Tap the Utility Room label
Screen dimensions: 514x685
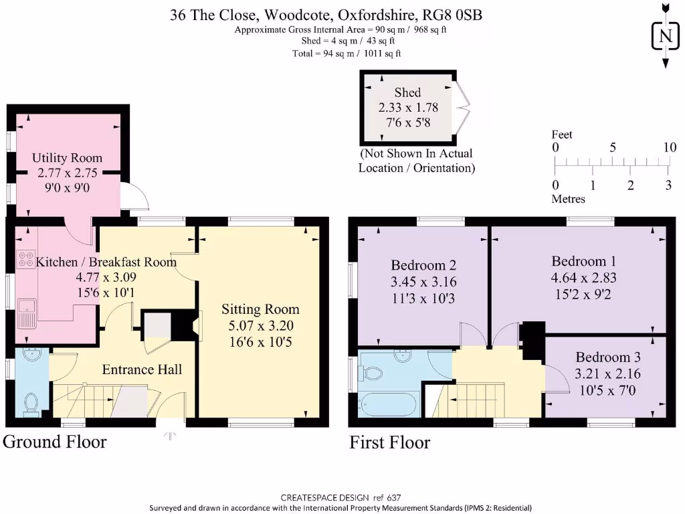click(68, 158)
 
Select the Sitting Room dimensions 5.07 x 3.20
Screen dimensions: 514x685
click(260, 327)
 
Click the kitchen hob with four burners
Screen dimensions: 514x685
click(27, 259)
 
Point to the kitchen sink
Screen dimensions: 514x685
click(27, 312)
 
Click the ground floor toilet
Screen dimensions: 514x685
click(30, 404)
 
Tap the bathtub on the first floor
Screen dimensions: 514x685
click(388, 405)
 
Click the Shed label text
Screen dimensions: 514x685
click(407, 92)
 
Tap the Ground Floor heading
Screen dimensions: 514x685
click(55, 442)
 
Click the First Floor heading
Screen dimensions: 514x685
click(390, 442)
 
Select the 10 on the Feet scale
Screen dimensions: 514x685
click(669, 147)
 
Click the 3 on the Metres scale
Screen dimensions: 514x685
click(668, 185)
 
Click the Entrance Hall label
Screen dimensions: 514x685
click(142, 369)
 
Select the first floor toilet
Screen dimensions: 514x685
click(373, 373)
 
